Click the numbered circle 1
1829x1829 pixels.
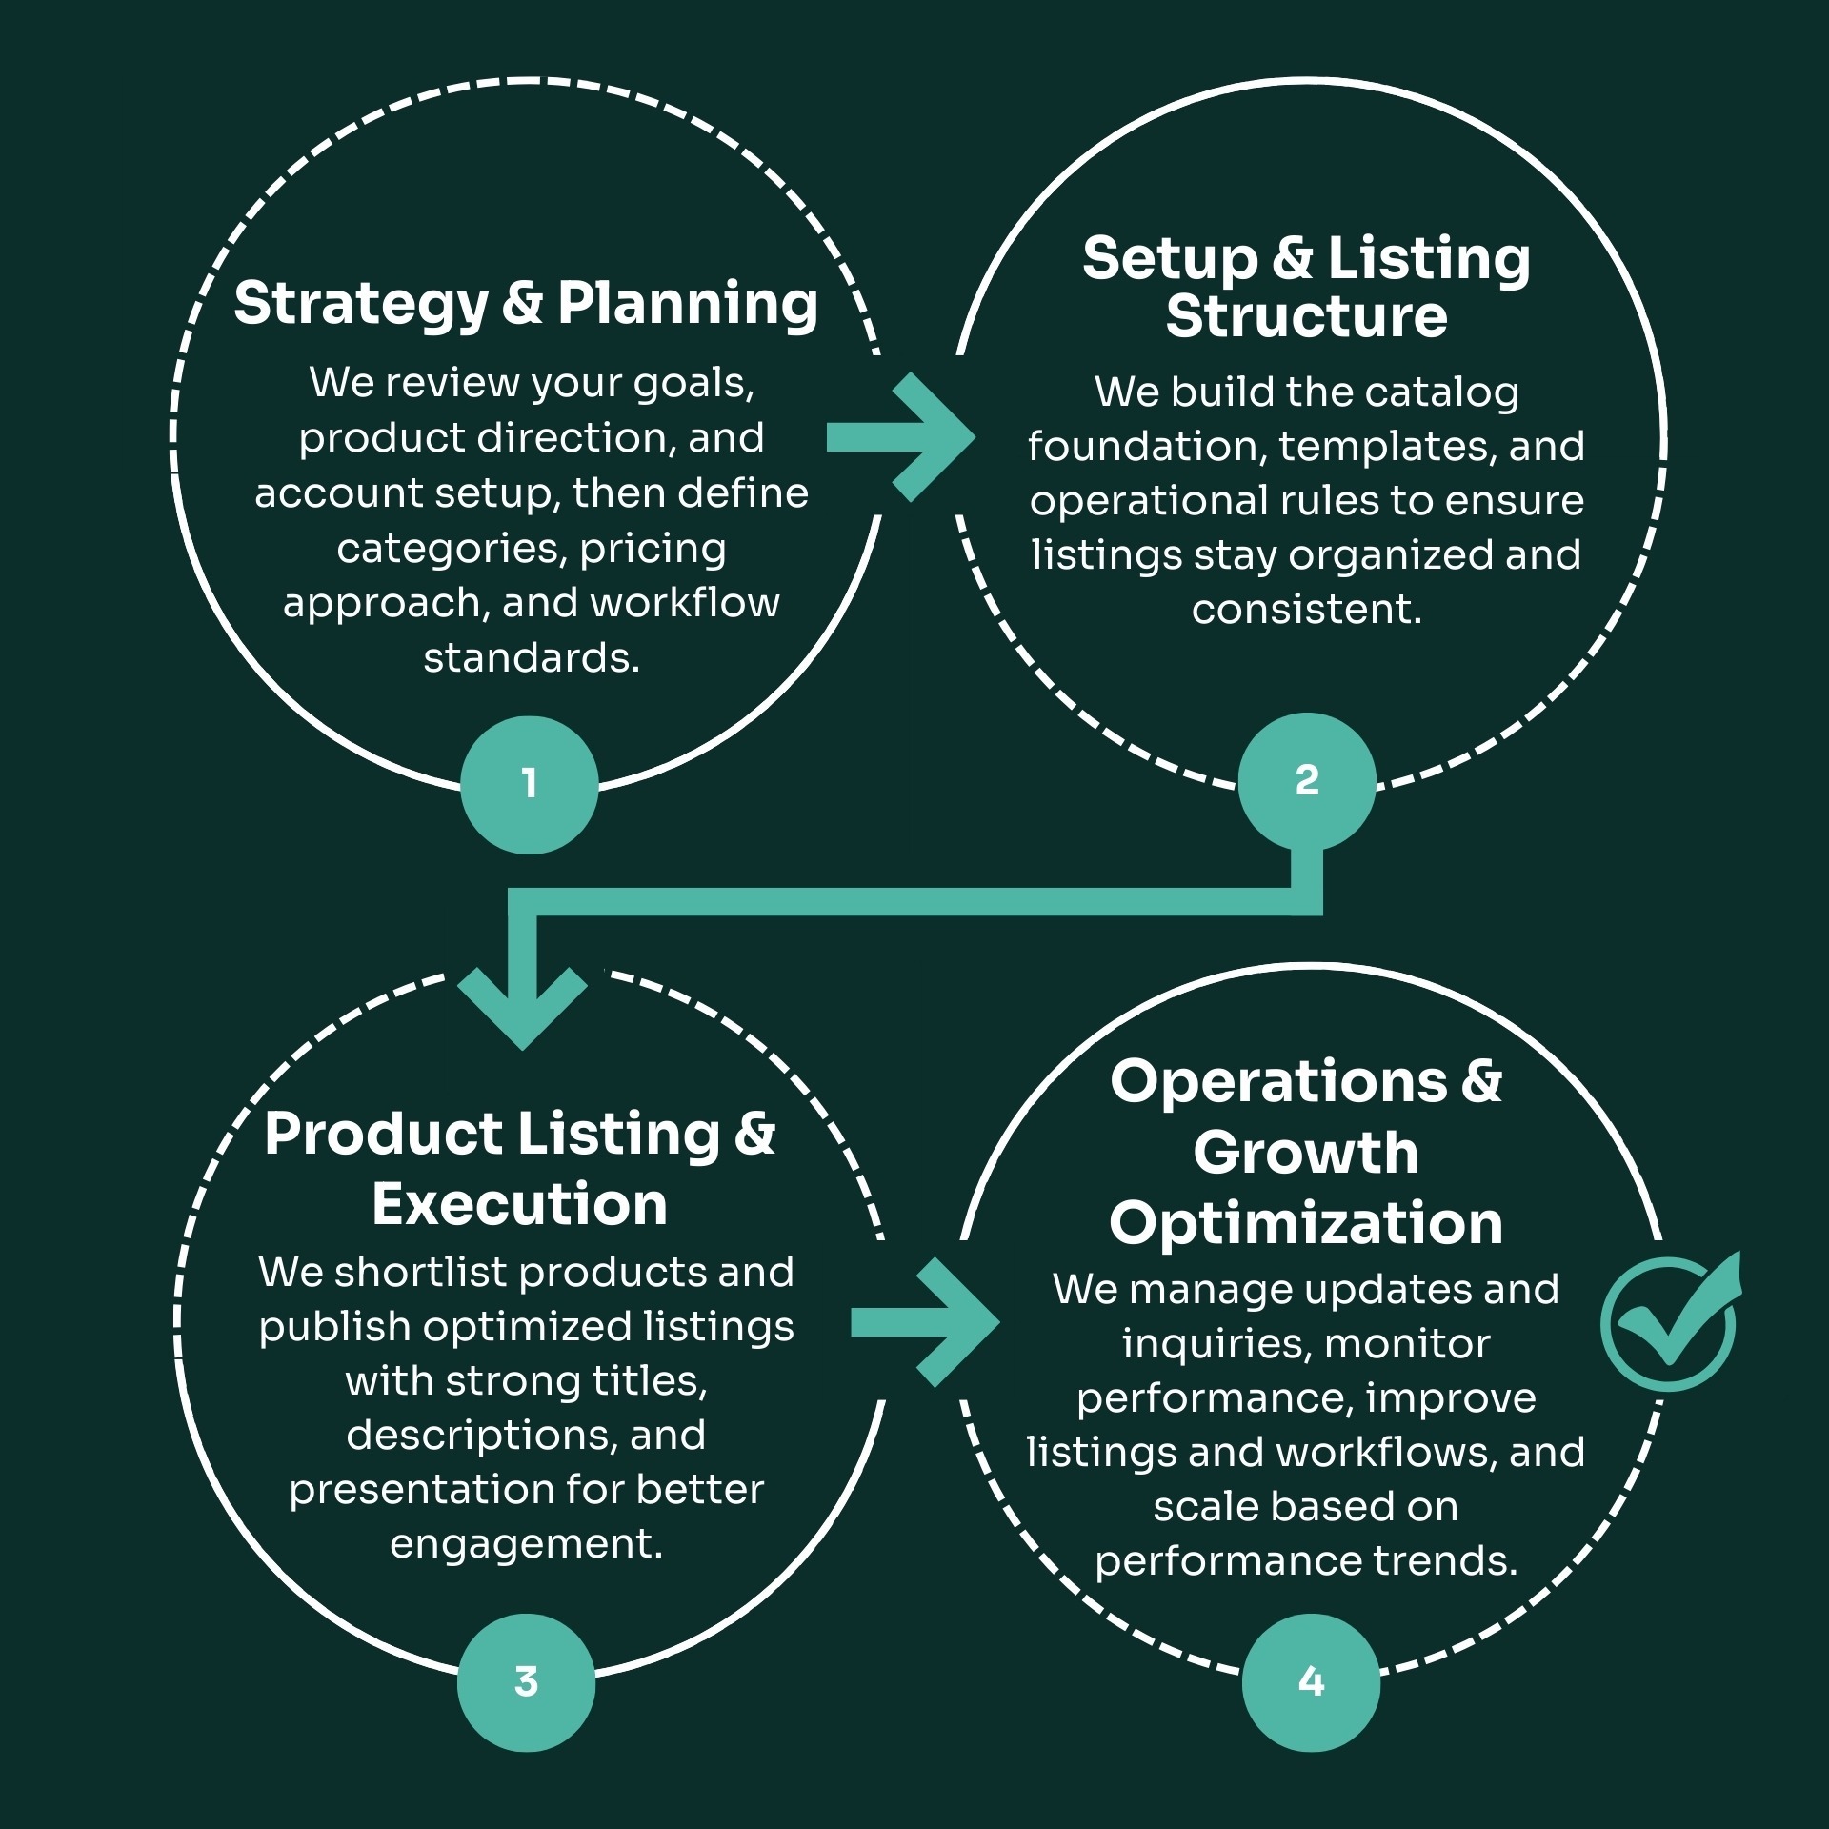[529, 784]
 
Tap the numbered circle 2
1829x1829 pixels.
[1307, 781]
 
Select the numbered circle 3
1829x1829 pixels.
[526, 1682]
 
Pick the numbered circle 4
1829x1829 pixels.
[1311, 1682]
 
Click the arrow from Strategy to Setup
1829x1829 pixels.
[900, 437]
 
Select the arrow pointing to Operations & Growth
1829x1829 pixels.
[924, 1322]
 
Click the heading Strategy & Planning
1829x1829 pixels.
[526, 304]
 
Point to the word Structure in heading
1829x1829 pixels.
[1306, 316]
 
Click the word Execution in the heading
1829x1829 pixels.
[519, 1204]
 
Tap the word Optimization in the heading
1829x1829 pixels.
[1306, 1223]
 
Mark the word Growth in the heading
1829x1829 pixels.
[1306, 1153]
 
